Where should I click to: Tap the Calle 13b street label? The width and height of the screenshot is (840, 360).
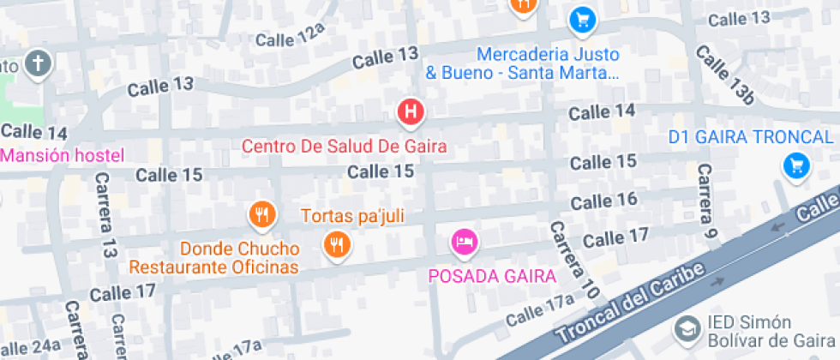[724, 75]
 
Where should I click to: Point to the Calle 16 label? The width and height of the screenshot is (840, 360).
[604, 201]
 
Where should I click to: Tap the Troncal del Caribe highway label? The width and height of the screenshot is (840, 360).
[631, 303]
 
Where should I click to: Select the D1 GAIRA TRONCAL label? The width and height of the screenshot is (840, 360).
[751, 137]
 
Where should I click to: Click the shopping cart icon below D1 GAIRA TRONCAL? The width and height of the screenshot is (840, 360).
[796, 165]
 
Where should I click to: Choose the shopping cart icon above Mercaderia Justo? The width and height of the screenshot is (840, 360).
[583, 18]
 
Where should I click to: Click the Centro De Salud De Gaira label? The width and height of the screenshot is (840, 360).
[344, 146]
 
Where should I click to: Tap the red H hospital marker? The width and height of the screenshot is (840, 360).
[411, 111]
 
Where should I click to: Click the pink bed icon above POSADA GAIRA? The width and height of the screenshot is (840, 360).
[465, 241]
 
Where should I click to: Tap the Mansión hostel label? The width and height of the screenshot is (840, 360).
[62, 156]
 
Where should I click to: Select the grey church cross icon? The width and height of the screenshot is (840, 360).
[39, 63]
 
